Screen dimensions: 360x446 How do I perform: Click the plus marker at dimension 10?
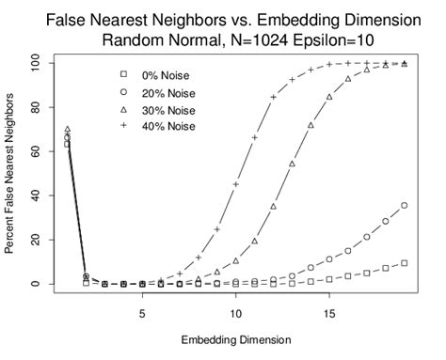(x=235, y=184)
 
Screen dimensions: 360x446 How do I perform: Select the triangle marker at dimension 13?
(x=292, y=164)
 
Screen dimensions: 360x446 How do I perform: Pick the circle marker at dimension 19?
(x=404, y=205)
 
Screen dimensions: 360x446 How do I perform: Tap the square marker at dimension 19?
(x=404, y=263)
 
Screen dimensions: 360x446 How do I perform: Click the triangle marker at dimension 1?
(x=68, y=130)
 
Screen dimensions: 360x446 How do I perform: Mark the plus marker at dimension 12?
(x=273, y=97)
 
